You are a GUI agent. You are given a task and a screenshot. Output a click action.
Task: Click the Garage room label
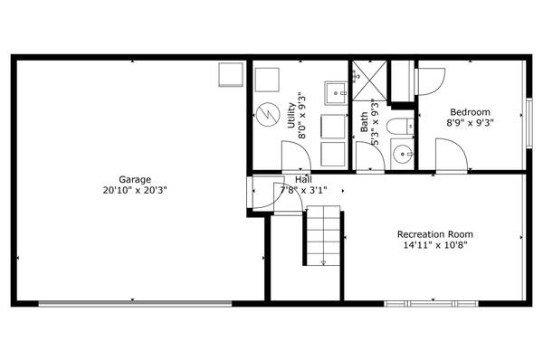click(134, 179)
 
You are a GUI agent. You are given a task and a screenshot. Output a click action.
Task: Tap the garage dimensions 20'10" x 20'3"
click(134, 191)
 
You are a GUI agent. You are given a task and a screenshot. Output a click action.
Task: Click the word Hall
click(303, 179)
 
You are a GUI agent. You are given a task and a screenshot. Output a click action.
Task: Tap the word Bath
click(364, 122)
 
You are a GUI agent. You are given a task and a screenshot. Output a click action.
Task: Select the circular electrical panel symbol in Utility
click(267, 114)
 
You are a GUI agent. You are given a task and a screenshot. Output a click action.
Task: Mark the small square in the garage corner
click(232, 73)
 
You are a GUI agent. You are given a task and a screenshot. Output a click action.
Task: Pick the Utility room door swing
click(296, 159)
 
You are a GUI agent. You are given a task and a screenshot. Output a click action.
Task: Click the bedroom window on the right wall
click(529, 118)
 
